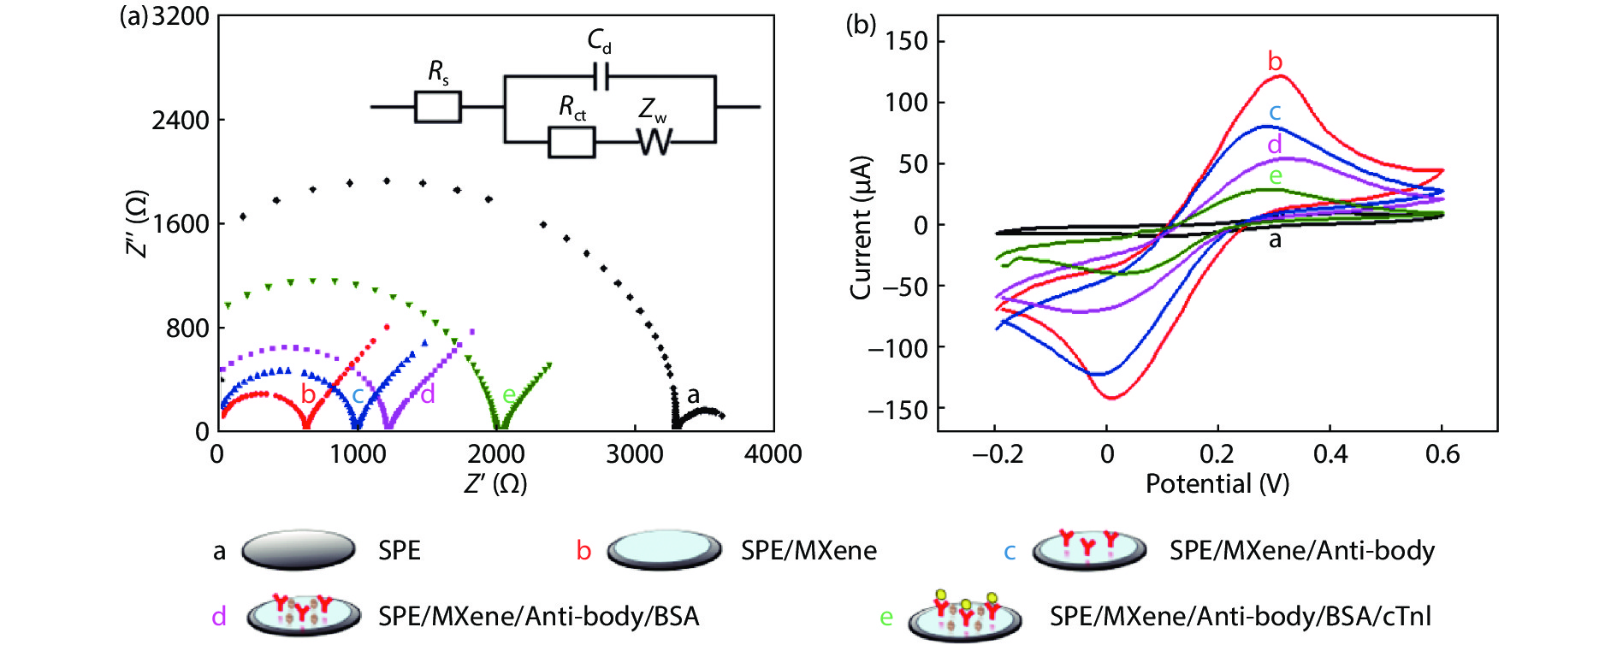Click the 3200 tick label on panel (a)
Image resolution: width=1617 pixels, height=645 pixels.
click(x=181, y=17)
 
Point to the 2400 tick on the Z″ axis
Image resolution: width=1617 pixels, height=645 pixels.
click(x=181, y=121)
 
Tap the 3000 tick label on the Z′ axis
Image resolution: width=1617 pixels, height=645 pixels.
click(x=634, y=454)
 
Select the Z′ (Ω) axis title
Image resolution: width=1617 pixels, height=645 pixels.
click(x=495, y=484)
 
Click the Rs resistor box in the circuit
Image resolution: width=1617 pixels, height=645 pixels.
click(x=437, y=108)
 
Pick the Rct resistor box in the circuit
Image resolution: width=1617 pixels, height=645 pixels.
click(x=571, y=142)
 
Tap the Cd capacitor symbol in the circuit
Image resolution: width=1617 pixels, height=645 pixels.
click(x=601, y=76)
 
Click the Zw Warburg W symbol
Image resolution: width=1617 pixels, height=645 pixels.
click(x=654, y=141)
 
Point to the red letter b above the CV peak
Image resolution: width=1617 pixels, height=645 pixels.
click(x=1275, y=62)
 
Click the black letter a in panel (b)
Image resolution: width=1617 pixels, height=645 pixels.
click(x=1275, y=240)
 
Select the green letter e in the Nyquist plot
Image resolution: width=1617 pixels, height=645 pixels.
click(x=508, y=394)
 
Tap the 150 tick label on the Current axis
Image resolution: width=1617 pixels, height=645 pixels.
click(x=906, y=41)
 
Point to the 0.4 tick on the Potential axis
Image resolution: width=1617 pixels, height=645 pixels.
click(x=1330, y=454)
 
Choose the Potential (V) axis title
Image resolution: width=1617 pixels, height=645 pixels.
click(x=1217, y=484)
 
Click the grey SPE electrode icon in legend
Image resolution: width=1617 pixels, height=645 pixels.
click(x=299, y=550)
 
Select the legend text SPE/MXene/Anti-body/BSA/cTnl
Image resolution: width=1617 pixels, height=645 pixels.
click(x=1240, y=617)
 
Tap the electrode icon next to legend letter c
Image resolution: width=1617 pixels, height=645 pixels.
click(x=1088, y=550)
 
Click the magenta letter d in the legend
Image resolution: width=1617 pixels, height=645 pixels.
click(x=219, y=617)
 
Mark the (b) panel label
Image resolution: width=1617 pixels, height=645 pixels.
click(x=861, y=24)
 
